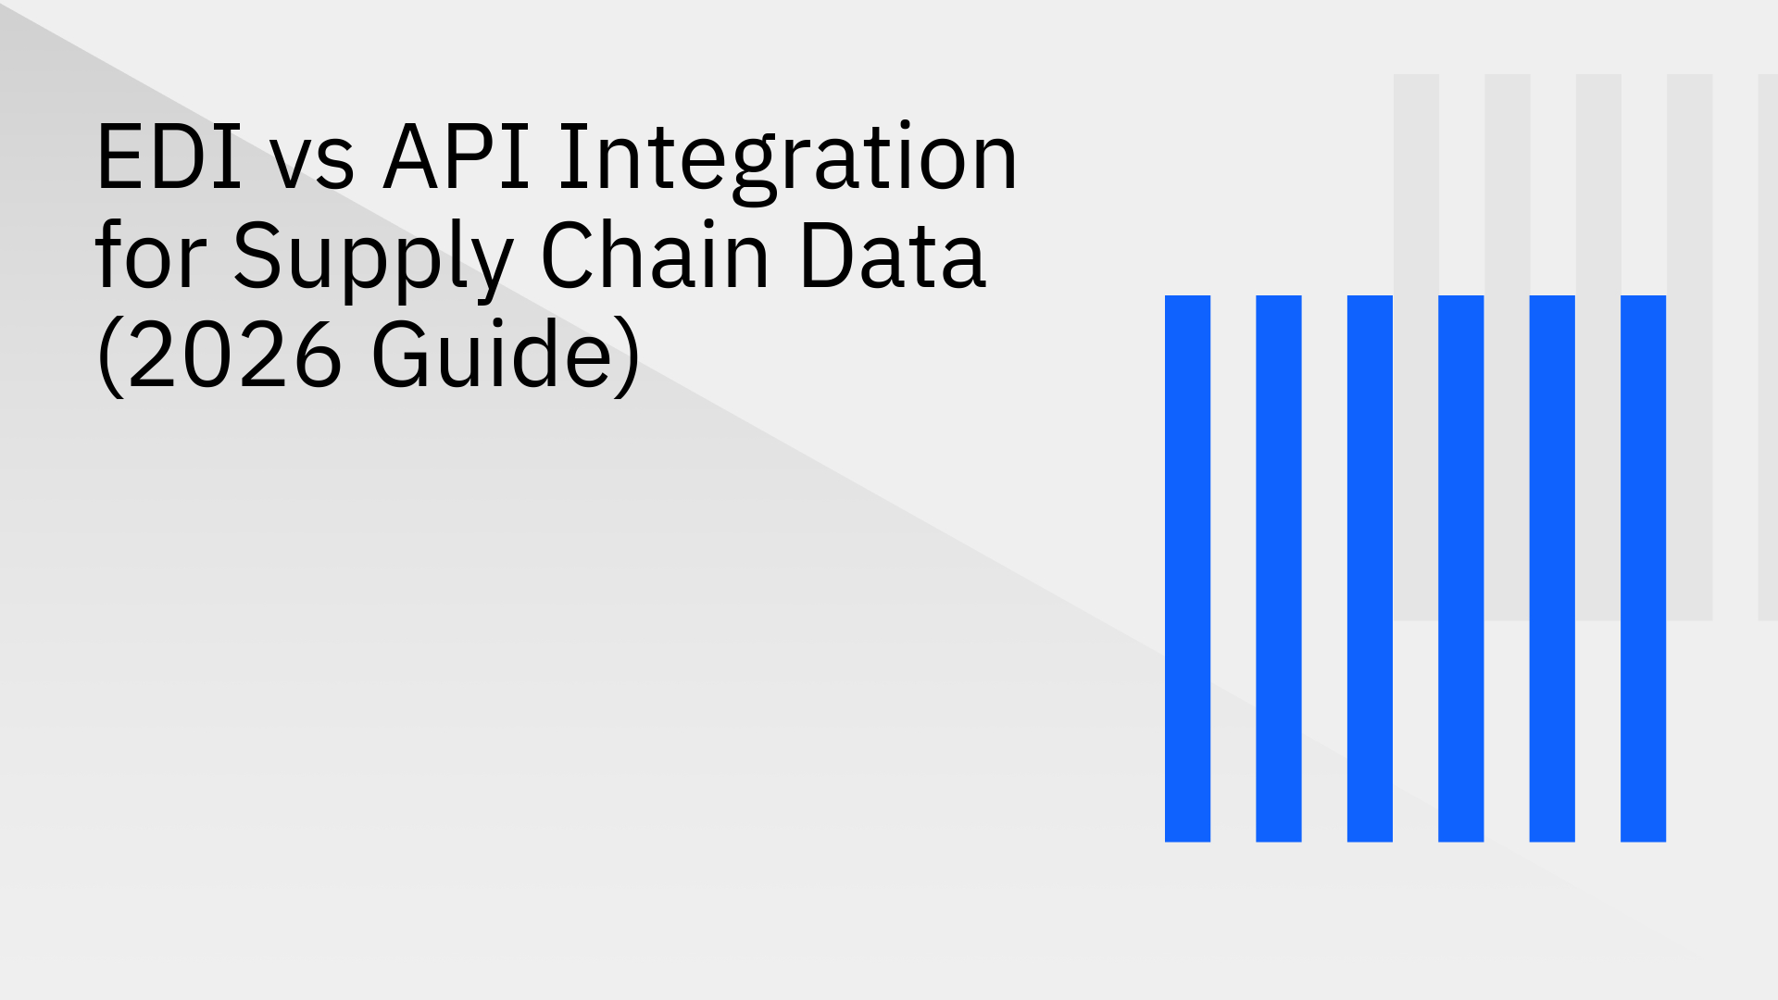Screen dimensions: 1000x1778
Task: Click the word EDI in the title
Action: click(x=169, y=158)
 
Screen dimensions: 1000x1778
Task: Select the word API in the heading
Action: click(x=457, y=158)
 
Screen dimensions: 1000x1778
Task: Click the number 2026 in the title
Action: click(x=234, y=355)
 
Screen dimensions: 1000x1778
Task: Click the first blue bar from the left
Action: click(x=1187, y=569)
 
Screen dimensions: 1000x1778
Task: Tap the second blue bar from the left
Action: click(x=1278, y=569)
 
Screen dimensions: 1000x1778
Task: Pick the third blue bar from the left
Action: click(x=1370, y=569)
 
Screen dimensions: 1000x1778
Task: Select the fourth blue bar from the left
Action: click(x=1460, y=569)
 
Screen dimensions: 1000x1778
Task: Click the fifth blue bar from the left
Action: click(x=1552, y=569)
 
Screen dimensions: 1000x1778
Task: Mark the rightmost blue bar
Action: click(x=1643, y=569)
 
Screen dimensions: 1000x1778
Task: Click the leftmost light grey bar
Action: click(x=1416, y=185)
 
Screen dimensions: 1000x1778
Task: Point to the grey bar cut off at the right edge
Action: click(x=1768, y=347)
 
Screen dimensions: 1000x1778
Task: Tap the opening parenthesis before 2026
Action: click(x=110, y=356)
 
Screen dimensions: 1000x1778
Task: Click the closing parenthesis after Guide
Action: click(x=628, y=356)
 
